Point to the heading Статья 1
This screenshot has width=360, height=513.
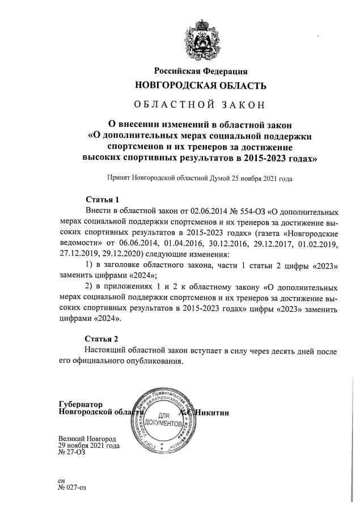tap(102, 200)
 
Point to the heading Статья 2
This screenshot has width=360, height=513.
tap(102, 339)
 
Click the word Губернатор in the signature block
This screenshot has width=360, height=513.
tap(81, 405)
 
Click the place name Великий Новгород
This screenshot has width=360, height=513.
tap(87, 439)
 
